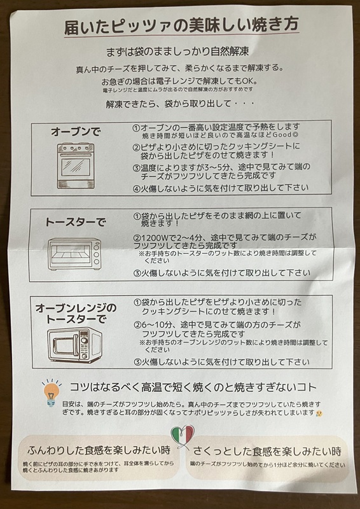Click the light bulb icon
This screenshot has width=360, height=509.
(x=50, y=393)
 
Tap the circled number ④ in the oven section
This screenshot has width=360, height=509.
(x=136, y=188)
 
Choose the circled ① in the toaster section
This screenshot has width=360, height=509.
(x=137, y=216)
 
